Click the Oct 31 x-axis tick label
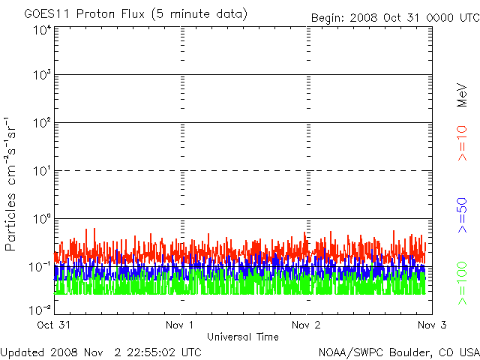point(54,325)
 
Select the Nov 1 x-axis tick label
point(179,325)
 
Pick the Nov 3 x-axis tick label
point(430,325)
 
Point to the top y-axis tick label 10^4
point(42,30)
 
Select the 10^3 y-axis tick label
point(42,76)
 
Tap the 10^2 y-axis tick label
point(42,123)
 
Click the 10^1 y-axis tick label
point(42,171)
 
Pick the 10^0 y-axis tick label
point(42,219)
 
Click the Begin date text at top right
point(393,17)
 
